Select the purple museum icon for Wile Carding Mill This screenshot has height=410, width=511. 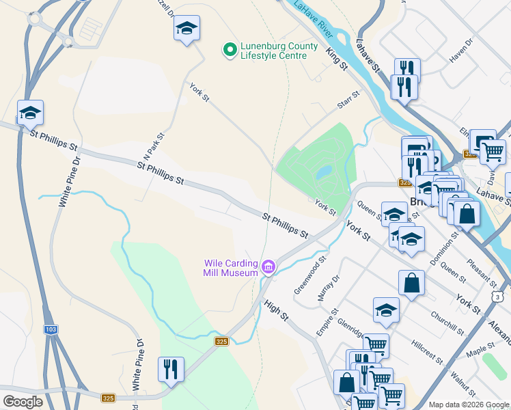tap(268, 266)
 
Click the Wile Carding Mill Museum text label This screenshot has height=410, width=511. tap(231, 268)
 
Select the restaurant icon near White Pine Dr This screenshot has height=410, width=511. tap(170, 370)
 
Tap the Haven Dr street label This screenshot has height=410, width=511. tap(461, 51)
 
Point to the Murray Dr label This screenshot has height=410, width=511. tap(329, 289)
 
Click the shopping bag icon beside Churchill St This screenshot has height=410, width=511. tap(411, 283)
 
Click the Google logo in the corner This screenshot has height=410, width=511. tap(23, 402)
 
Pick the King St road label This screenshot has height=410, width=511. tap(337, 59)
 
